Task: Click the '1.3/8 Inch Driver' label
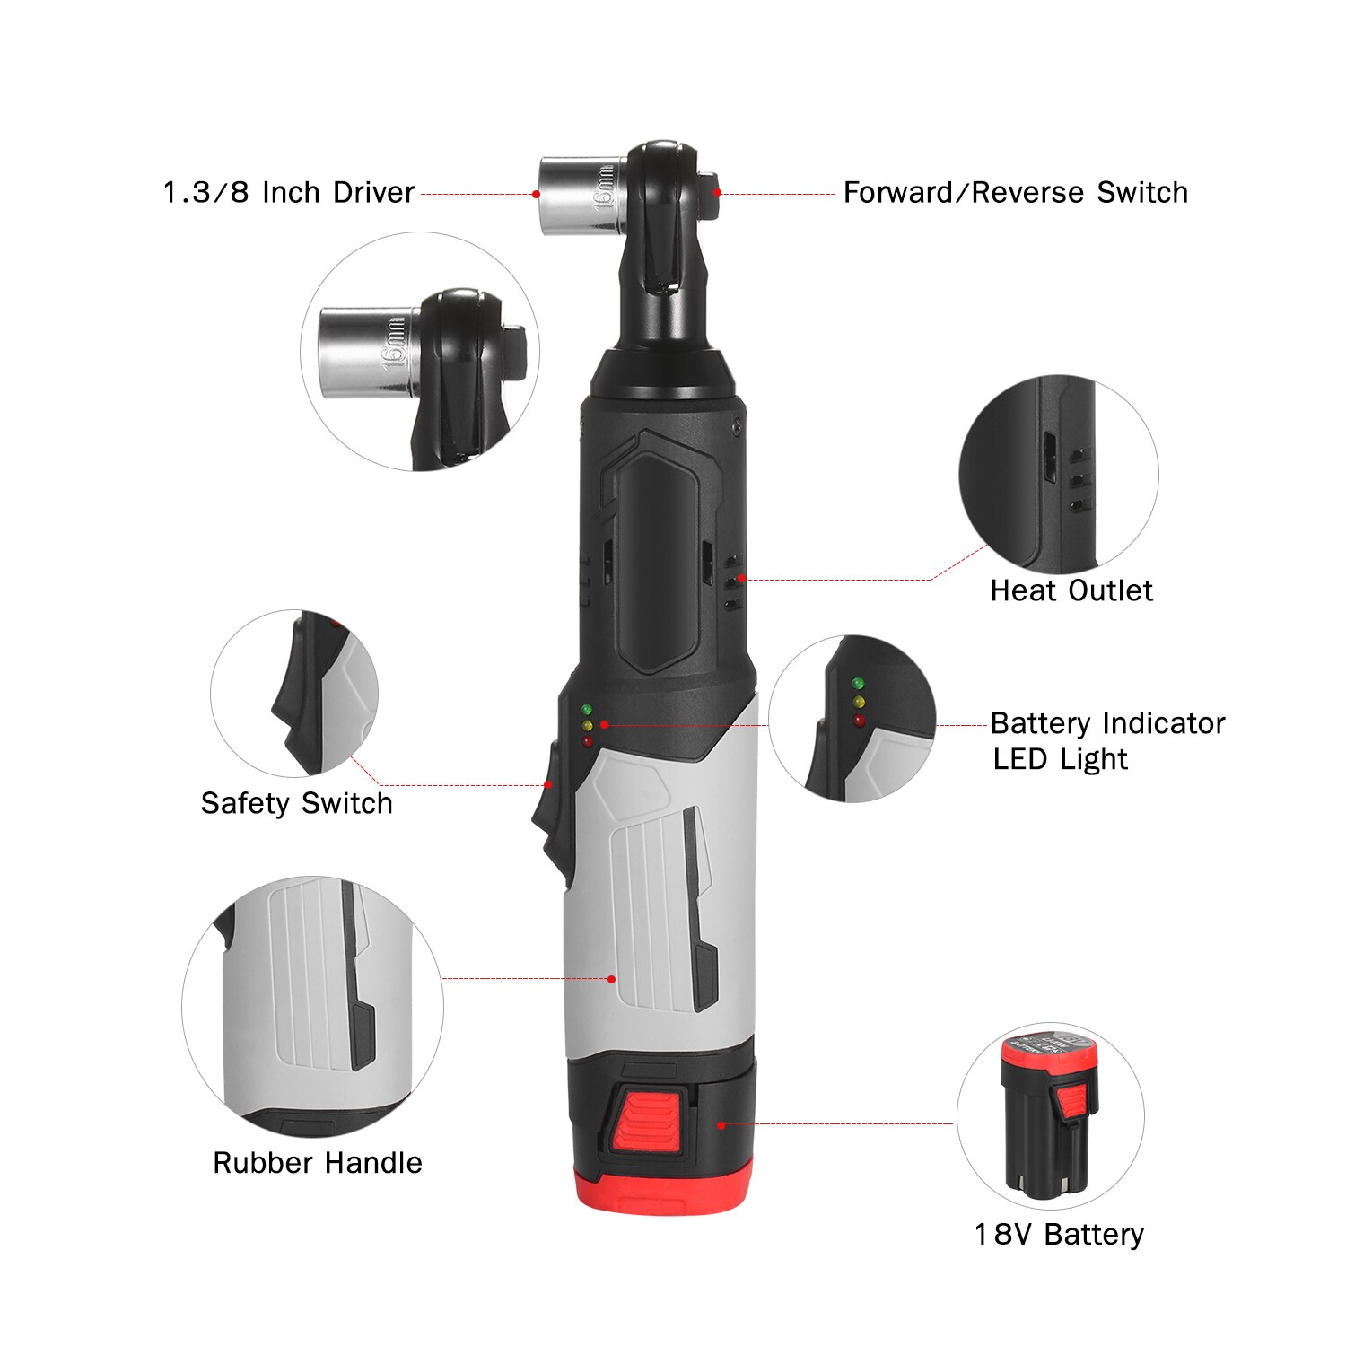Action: pos(288,192)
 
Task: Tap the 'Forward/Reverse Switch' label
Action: pos(1015,192)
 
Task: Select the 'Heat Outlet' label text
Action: pos(1071,590)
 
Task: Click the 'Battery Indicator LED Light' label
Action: pos(1107,740)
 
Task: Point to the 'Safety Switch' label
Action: pos(296,803)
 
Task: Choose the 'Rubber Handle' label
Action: pos(317,1163)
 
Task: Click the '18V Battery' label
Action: pos(1059,1235)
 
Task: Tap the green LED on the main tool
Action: pos(586,710)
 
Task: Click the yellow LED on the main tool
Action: pos(587,725)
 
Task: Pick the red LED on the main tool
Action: pos(588,741)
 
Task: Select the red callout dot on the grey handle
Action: pos(612,979)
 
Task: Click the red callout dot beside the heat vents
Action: pos(741,579)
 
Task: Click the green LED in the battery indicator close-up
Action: pos(858,684)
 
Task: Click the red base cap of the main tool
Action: pos(664,1189)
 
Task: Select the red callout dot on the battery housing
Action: pos(721,1124)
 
